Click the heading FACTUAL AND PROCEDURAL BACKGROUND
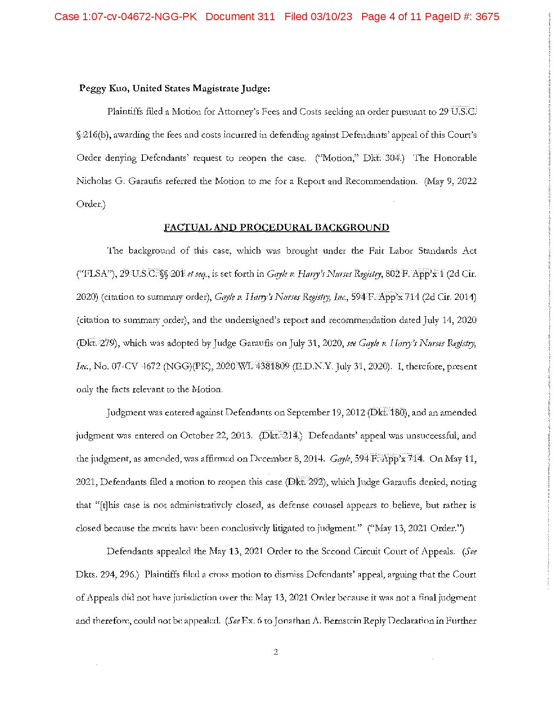click(276, 227)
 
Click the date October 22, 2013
click(216, 436)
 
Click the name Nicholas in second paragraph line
click(91, 181)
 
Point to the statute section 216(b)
click(92, 135)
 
